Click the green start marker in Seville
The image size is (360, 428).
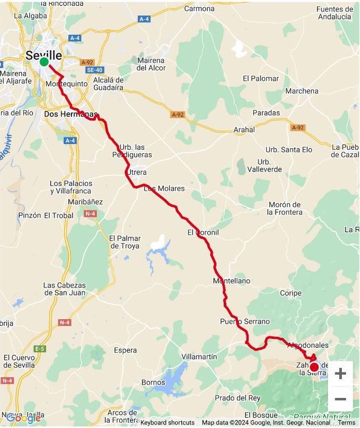[x=44, y=62]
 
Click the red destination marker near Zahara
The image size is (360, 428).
[x=314, y=367]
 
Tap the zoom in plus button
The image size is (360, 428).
[x=340, y=373]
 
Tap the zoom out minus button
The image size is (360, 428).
[x=340, y=399]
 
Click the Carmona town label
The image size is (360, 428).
[x=199, y=9]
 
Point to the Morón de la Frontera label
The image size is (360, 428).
[x=285, y=208]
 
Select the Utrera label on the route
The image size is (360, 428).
[x=136, y=172]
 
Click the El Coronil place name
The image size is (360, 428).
[x=203, y=233]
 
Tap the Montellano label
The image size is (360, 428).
[x=232, y=281]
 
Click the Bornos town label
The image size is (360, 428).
[x=153, y=382]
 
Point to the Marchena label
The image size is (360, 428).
[x=302, y=91]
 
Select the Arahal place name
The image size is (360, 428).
[x=244, y=130]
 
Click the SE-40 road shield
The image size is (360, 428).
[x=95, y=70]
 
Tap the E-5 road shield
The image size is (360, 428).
[x=39, y=349]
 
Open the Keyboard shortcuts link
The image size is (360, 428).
[x=167, y=423]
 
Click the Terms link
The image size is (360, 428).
[x=347, y=423]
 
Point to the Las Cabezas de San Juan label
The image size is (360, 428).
[x=64, y=289]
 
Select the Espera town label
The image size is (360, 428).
[x=125, y=350]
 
